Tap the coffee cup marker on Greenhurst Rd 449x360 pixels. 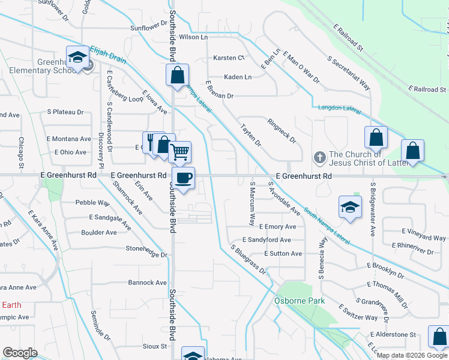(x=183, y=178)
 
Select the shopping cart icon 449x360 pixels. (x=179, y=152)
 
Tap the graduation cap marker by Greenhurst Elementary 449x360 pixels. (x=77, y=57)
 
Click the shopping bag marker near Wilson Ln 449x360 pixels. (x=177, y=76)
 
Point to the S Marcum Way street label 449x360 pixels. (x=253, y=203)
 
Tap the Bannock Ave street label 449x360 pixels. (x=147, y=283)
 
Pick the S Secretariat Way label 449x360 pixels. (x=348, y=73)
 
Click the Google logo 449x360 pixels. (x=20, y=353)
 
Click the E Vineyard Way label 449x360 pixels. (x=423, y=234)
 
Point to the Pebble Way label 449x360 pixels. (x=92, y=203)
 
